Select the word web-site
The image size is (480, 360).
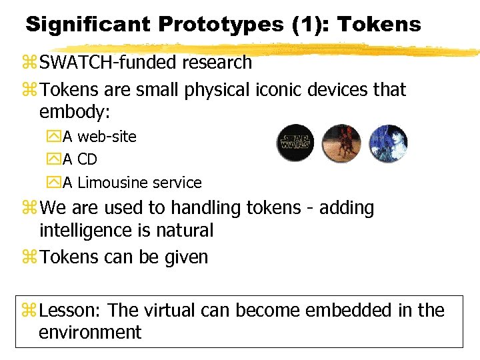pyautogui.click(x=107, y=137)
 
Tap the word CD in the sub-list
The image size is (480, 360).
pyautogui.click(x=87, y=159)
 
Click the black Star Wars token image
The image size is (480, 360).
pyautogui.click(x=295, y=143)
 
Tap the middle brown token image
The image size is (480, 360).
pyautogui.click(x=341, y=143)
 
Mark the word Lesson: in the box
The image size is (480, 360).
pyautogui.click(x=71, y=310)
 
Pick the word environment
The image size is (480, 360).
pyautogui.click(x=90, y=332)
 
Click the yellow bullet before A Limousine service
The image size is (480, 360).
pyautogui.click(x=55, y=182)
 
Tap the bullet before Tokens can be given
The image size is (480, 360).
pyautogui.click(x=30, y=257)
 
